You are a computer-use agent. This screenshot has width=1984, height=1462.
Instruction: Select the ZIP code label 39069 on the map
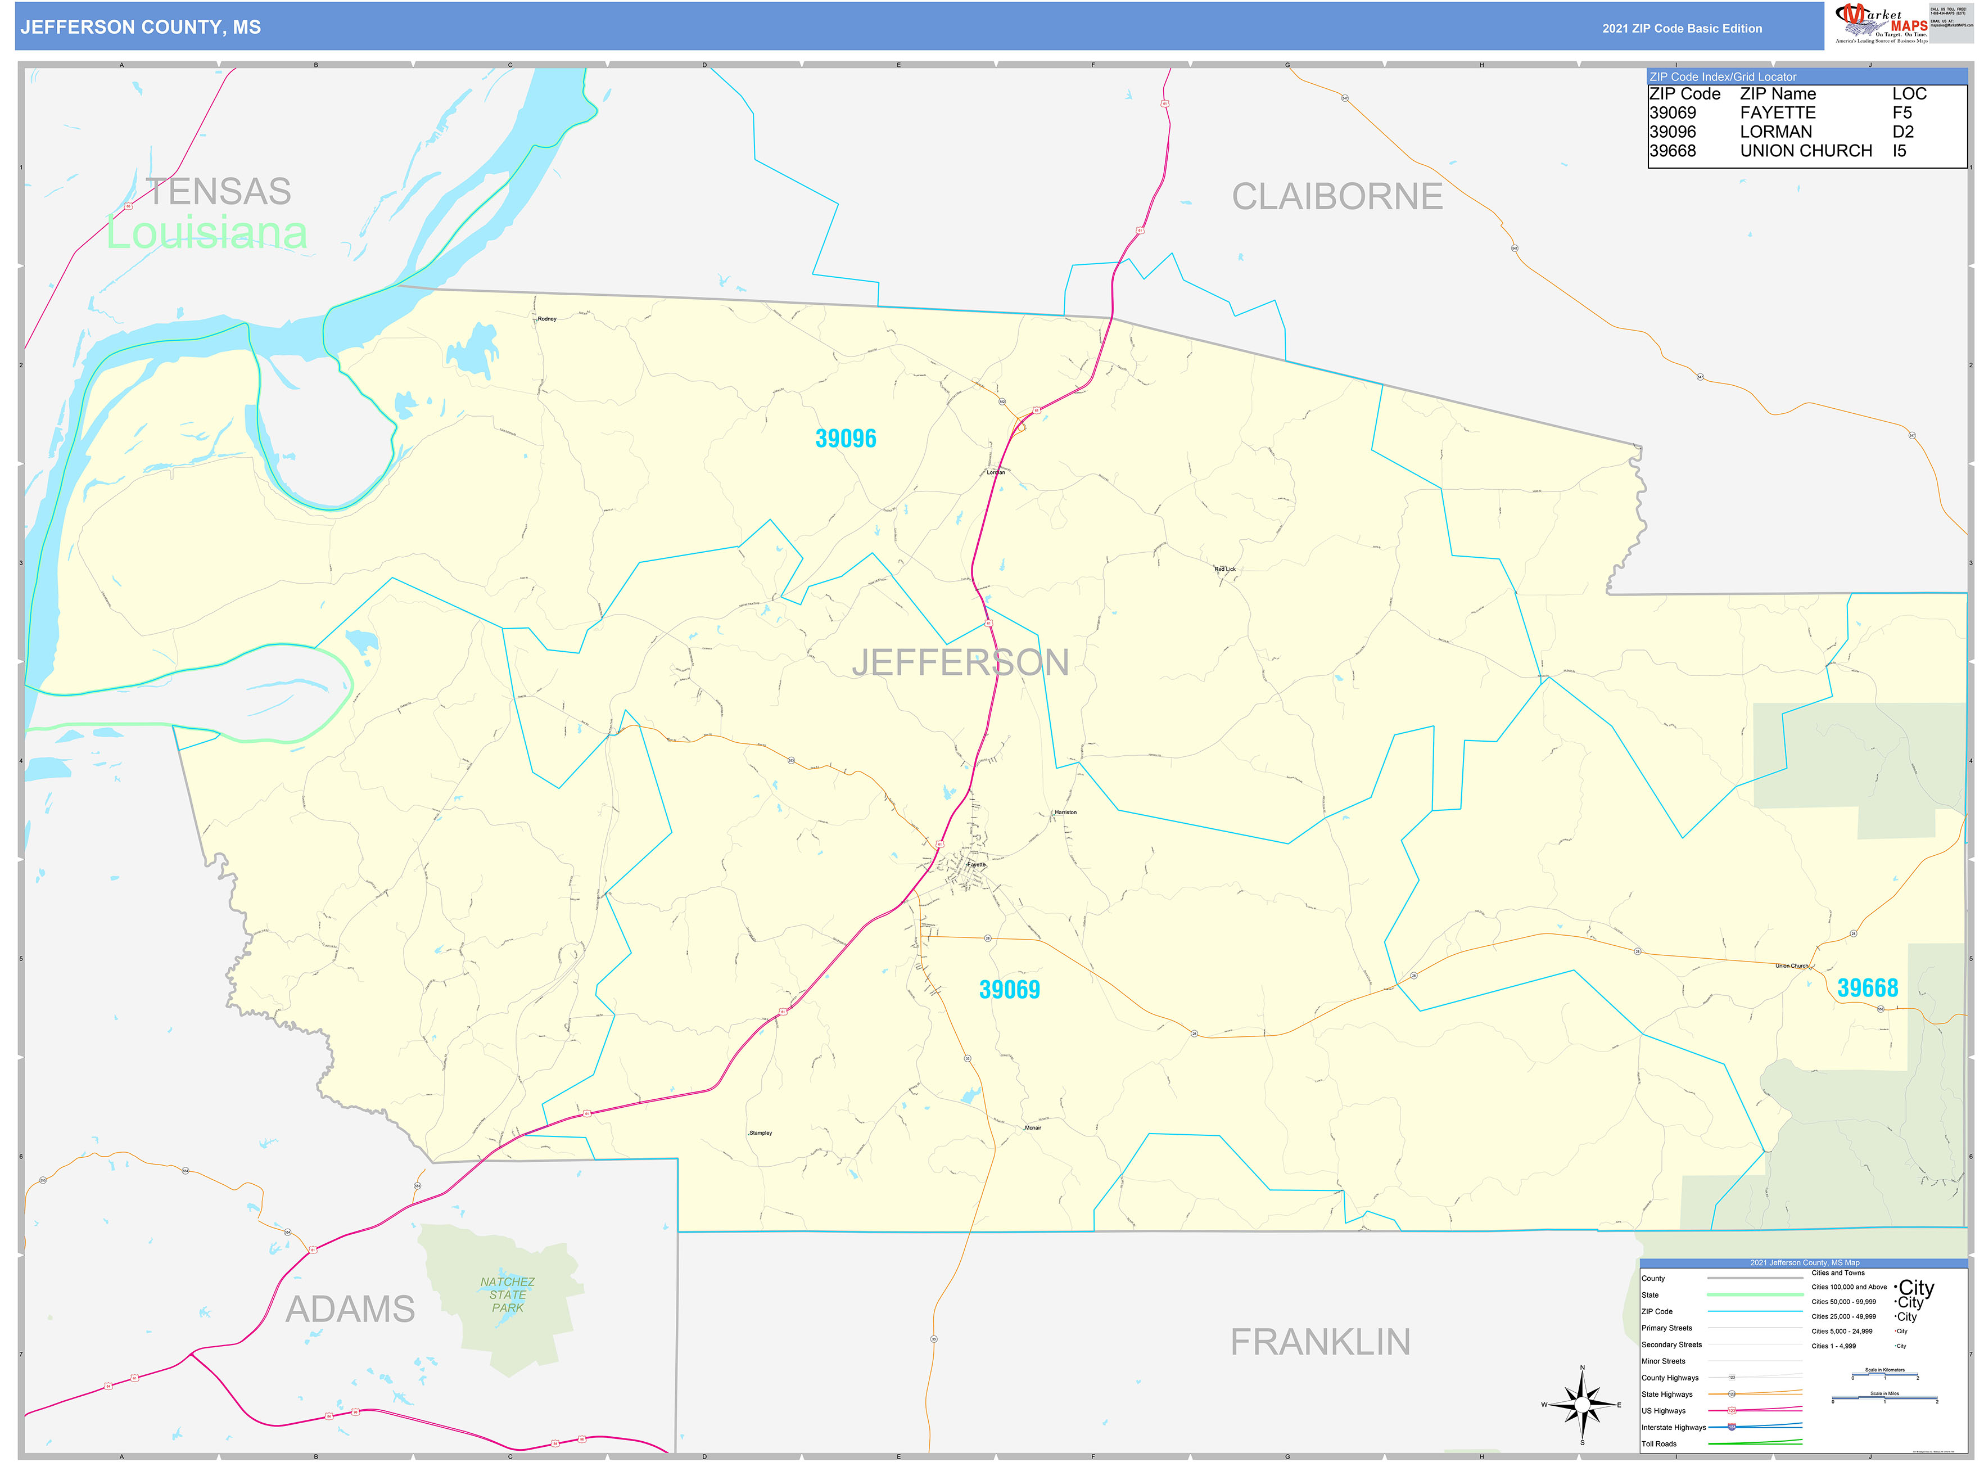coord(1009,990)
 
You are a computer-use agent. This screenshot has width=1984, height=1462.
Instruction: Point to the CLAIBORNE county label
coord(1336,196)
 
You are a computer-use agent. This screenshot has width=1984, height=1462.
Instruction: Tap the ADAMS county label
coord(350,1309)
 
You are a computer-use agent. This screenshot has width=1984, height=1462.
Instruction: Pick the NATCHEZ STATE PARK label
coord(507,1295)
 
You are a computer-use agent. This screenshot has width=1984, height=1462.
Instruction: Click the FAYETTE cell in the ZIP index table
coord(1777,113)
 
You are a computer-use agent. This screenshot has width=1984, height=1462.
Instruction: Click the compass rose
coord(1582,1405)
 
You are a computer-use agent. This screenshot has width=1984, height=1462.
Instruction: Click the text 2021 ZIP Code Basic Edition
coord(1682,28)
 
